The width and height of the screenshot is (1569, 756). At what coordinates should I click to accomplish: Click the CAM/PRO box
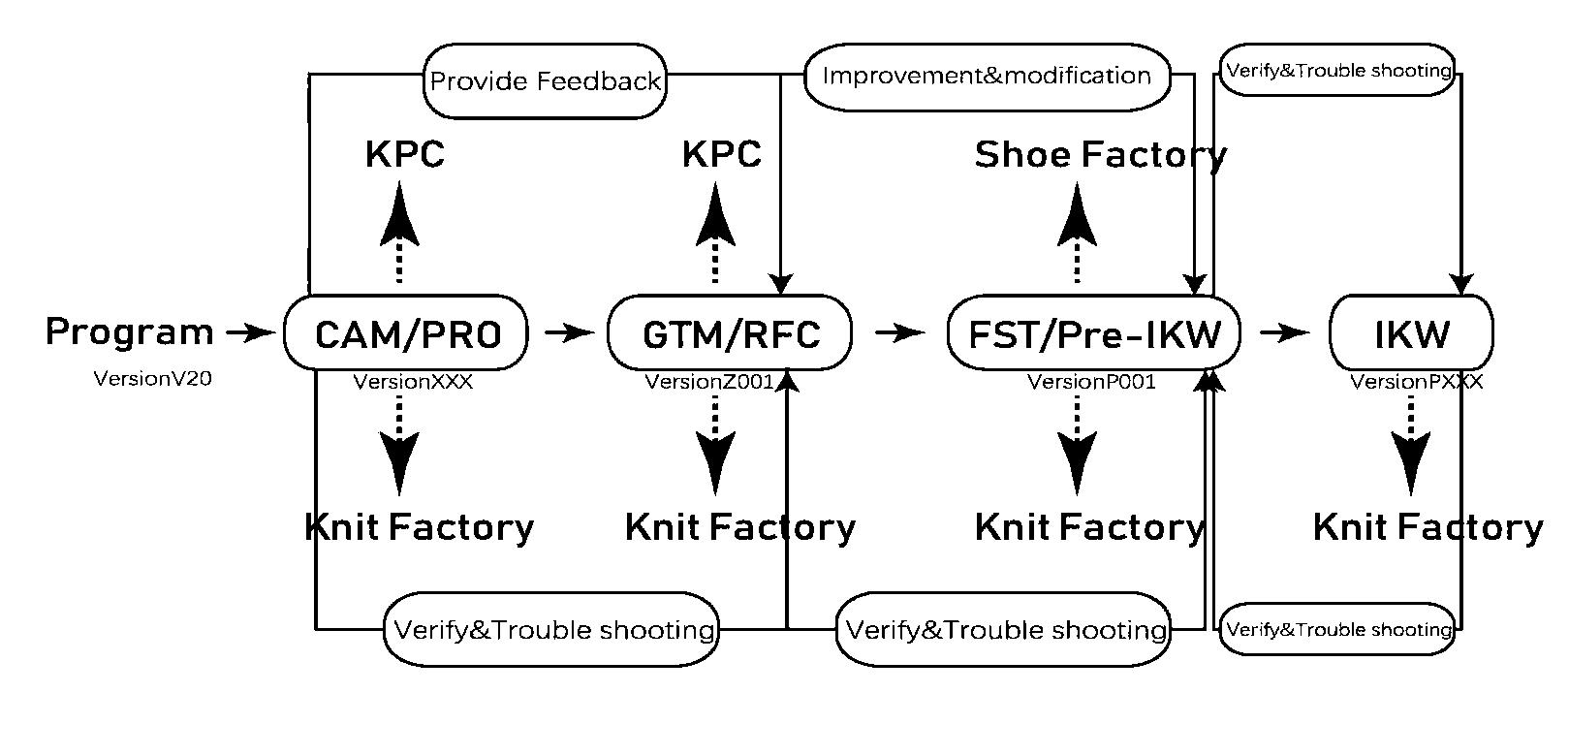(406, 333)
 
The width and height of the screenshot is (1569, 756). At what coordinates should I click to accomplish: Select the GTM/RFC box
(730, 333)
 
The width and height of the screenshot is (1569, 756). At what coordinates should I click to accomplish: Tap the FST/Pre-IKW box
(1093, 333)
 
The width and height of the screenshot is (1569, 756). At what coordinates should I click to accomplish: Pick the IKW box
(1411, 333)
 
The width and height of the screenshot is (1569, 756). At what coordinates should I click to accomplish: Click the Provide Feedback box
(546, 81)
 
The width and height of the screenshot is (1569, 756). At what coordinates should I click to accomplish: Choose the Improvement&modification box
(987, 76)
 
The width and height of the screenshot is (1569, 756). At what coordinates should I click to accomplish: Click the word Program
(129, 332)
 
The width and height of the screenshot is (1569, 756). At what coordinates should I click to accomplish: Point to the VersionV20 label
(152, 379)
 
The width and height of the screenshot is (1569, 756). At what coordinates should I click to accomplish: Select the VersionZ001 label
(709, 382)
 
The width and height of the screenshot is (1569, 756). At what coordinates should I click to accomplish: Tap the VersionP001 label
(1091, 382)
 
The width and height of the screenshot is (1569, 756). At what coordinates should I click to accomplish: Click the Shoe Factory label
(1100, 155)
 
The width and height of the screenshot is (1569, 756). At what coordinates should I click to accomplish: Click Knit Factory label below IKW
(1428, 528)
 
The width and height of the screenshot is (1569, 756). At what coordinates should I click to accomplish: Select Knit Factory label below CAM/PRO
(419, 528)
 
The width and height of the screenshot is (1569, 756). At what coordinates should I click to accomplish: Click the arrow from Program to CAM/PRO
(250, 333)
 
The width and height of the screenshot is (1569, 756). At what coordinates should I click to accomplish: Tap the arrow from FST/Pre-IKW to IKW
(1285, 333)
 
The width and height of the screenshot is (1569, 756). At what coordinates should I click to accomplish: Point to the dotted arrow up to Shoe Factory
(1077, 233)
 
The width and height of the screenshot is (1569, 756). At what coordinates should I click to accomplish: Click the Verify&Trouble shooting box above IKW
(1337, 71)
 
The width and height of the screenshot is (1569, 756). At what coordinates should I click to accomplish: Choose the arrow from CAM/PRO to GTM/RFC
(569, 333)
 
